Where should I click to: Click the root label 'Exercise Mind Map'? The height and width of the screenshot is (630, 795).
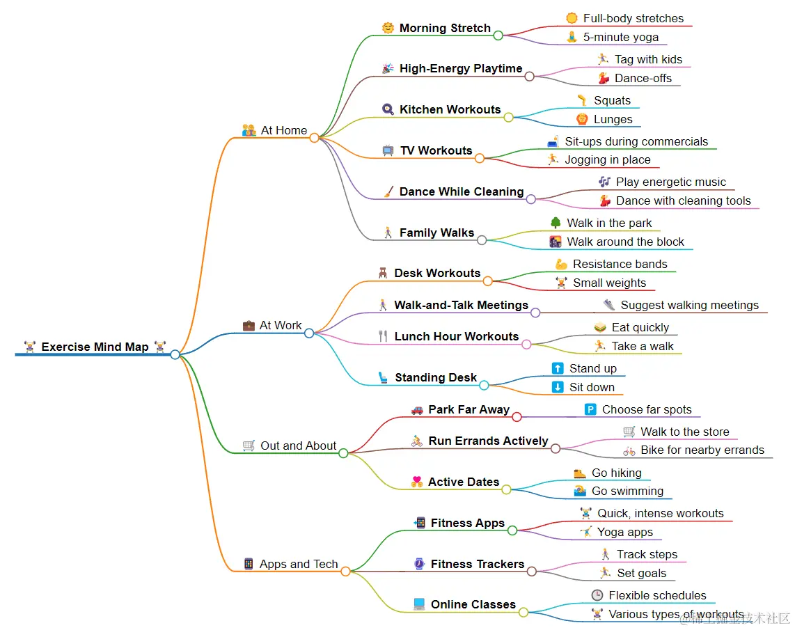95,347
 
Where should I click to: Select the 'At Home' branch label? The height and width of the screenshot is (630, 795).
283,130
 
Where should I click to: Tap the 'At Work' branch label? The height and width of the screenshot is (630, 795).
281,325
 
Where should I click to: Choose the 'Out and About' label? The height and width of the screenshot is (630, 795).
298,446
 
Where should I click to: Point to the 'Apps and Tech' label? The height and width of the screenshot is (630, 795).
299,564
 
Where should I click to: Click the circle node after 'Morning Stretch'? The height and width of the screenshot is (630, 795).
498,35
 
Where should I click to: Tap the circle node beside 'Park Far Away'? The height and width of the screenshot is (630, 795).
517,416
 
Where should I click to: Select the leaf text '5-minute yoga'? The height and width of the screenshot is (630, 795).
620,37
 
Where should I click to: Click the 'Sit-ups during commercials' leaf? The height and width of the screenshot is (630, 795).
636,141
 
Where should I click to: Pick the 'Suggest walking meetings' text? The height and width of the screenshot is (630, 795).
689,305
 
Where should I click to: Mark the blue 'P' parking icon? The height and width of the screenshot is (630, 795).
590,409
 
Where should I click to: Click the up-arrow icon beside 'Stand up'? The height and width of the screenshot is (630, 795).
558,368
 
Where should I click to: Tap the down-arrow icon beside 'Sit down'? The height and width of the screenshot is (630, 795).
558,387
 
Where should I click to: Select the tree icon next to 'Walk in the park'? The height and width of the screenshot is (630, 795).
556,223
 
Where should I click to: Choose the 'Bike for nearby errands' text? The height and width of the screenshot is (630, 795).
702,450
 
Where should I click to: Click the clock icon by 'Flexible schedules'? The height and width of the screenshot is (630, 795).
597,595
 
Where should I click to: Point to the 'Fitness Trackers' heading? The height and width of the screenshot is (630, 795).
477,564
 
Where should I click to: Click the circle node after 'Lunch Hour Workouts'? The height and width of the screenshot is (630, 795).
526,343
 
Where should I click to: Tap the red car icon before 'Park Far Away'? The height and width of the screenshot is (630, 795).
417,410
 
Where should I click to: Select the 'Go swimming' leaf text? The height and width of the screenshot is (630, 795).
627,491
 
